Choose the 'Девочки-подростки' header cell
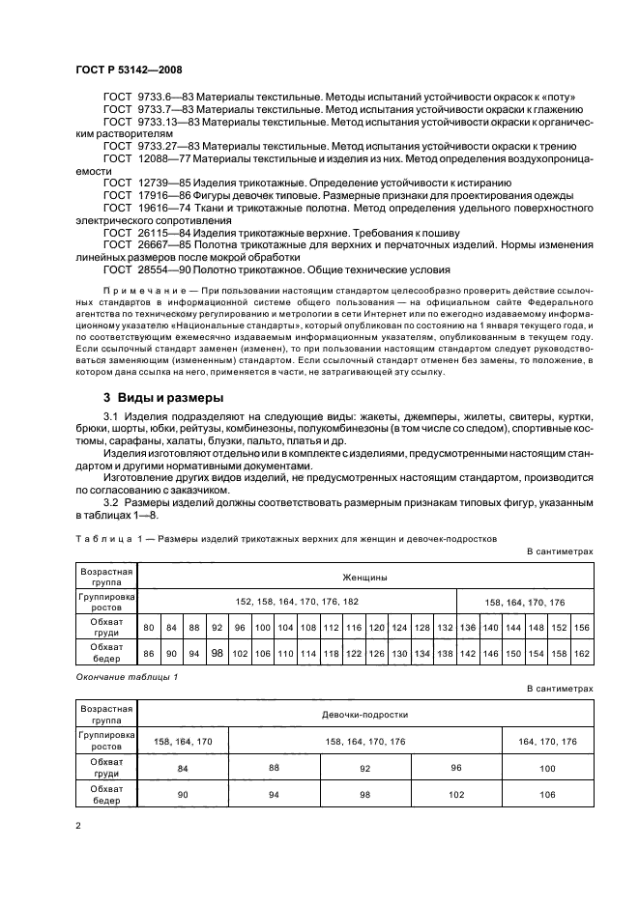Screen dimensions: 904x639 pos(365,715)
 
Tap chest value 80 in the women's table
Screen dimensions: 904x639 pos(149,628)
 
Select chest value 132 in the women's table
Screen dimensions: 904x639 pos(445,628)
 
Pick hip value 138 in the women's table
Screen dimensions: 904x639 pos(445,654)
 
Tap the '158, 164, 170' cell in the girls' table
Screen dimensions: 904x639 pos(184,741)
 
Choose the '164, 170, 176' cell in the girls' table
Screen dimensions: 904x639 pos(548,741)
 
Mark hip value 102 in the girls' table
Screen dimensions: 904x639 pos(457,794)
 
